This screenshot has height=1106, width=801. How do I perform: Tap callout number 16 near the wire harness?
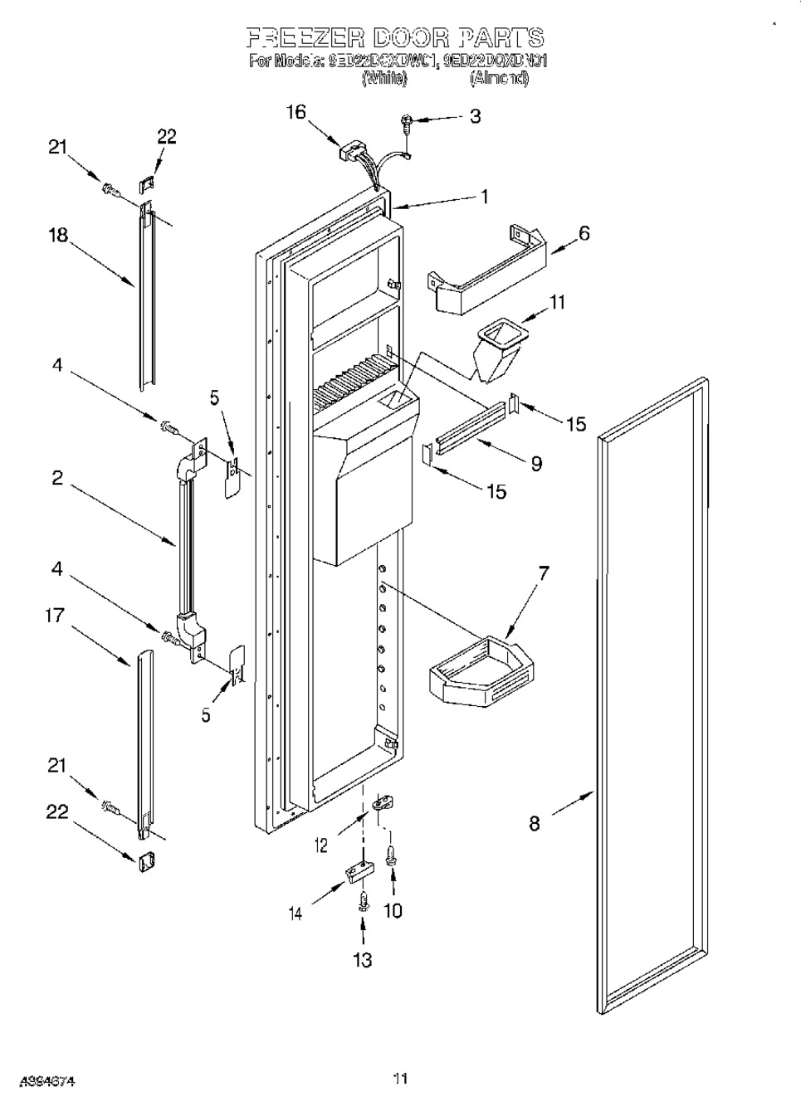pos(296,112)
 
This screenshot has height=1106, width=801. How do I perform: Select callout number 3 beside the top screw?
pos(475,116)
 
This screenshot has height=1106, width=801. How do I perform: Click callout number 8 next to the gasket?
pos(535,823)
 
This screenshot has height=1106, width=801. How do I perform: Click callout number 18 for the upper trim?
pos(57,235)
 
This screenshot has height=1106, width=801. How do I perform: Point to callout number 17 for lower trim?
pos(56,616)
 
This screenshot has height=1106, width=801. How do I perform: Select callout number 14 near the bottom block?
pos(295,913)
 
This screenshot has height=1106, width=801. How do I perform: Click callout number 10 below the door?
pos(393,910)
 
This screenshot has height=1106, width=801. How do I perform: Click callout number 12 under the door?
pos(321,845)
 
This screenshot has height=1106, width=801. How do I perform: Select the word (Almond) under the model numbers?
pos(499,79)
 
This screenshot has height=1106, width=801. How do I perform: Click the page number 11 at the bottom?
pos(401,1079)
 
